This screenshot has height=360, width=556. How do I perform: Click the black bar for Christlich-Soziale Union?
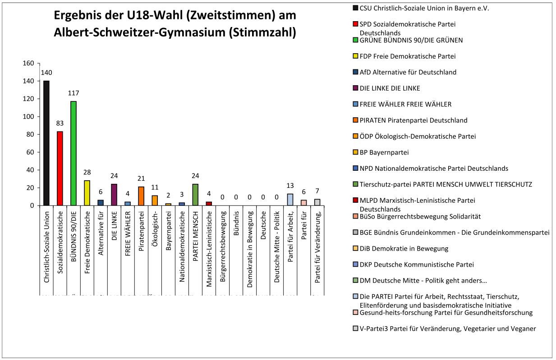pyautogui.click(x=46, y=143)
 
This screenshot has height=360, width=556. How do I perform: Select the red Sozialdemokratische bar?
pyautogui.click(x=60, y=168)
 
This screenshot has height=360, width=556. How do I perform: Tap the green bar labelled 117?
pyautogui.click(x=74, y=153)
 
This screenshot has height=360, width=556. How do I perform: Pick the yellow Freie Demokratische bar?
pyautogui.click(x=87, y=193)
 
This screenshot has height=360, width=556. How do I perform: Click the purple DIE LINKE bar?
pyautogui.click(x=114, y=195)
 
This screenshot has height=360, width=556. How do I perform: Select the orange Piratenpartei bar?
pyautogui.click(x=141, y=196)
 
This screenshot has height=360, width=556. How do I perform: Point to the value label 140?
pyautogui.click(x=46, y=73)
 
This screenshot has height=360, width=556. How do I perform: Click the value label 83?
pyautogui.click(x=60, y=123)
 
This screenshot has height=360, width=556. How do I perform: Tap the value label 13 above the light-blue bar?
pyautogui.click(x=290, y=185)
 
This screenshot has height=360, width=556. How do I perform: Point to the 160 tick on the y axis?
pyautogui.click(x=28, y=64)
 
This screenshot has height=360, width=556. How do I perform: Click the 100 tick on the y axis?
pyautogui.click(x=28, y=117)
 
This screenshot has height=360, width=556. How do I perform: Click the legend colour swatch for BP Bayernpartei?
pyautogui.click(x=356, y=152)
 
